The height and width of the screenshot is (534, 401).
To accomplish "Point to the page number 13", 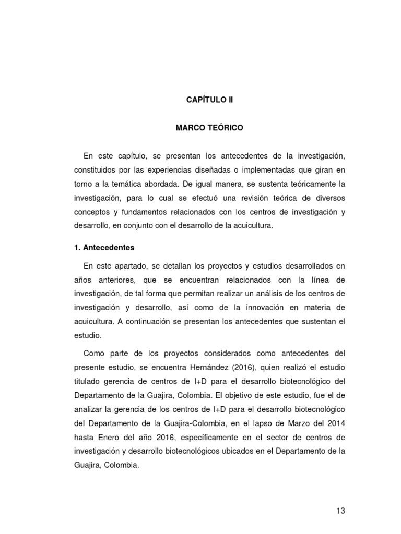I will click(x=340, y=511).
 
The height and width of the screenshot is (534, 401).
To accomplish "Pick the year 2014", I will click(x=336, y=422).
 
